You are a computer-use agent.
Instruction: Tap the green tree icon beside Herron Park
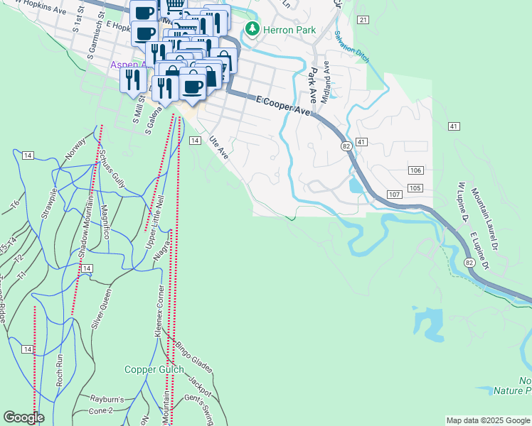click(x=252, y=29)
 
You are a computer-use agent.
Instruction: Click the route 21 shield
click(x=363, y=19)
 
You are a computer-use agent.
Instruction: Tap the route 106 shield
click(x=416, y=170)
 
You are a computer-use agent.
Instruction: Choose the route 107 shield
click(x=395, y=194)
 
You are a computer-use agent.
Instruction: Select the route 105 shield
click(x=416, y=187)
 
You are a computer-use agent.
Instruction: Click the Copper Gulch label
click(x=154, y=369)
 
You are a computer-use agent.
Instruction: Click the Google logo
click(x=23, y=417)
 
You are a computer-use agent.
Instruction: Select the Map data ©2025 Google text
click(x=488, y=420)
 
